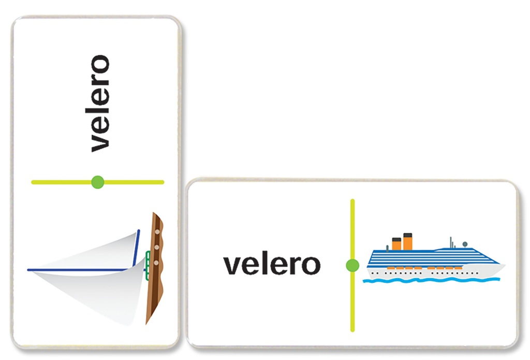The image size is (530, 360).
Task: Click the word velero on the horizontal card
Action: click(x=272, y=265)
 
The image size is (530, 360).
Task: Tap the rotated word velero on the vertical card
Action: click(x=100, y=104)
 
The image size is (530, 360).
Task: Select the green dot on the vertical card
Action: click(x=98, y=182)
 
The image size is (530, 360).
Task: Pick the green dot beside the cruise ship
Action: click(x=352, y=265)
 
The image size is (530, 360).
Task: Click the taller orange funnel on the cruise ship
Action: click(x=408, y=241)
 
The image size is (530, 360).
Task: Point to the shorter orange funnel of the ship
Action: click(x=396, y=243)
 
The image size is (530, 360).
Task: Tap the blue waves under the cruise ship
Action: click(x=431, y=280)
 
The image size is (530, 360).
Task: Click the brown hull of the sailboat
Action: click(x=155, y=268)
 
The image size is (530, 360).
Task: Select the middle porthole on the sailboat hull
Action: click(x=156, y=247)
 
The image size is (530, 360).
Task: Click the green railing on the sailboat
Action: click(x=148, y=266)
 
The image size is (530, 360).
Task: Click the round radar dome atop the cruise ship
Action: click(x=465, y=244)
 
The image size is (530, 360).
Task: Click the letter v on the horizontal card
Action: click(x=231, y=267)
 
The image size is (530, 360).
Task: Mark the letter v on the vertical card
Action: click(x=100, y=144)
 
